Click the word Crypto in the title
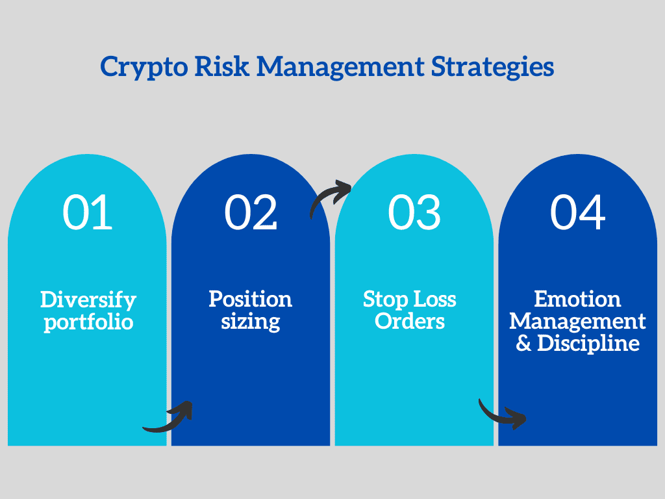(x=144, y=68)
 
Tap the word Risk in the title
(x=221, y=66)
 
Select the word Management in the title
(x=340, y=68)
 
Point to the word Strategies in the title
(x=492, y=68)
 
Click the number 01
(x=88, y=212)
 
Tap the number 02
(x=251, y=212)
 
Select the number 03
(x=414, y=212)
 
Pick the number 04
(x=577, y=212)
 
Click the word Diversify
(x=88, y=300)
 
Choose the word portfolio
(x=88, y=322)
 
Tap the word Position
(x=250, y=299)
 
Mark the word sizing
(x=250, y=322)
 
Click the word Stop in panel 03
(x=386, y=300)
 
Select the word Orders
(x=410, y=321)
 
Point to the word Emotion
(x=577, y=299)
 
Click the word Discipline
(x=588, y=343)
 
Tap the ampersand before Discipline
(x=523, y=343)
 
